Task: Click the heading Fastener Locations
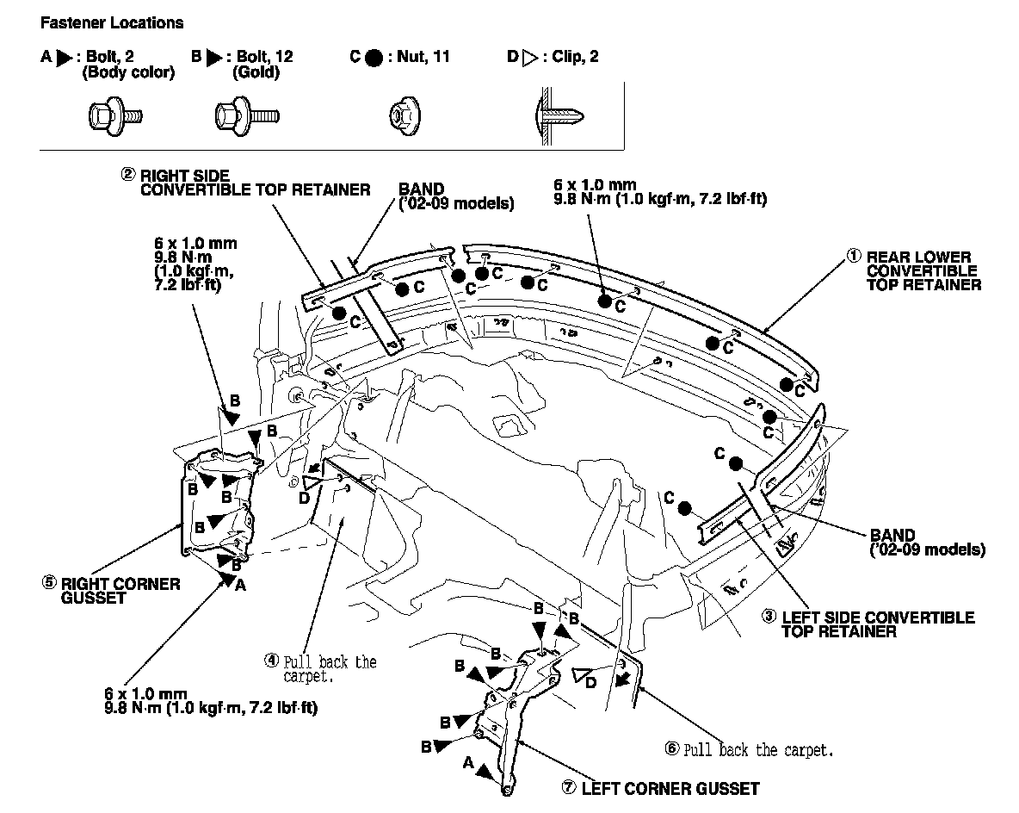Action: pyautogui.click(x=112, y=22)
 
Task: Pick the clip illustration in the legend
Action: pyautogui.click(x=560, y=114)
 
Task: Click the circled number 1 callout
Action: pyautogui.click(x=855, y=256)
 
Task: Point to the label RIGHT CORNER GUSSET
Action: pyautogui.click(x=120, y=590)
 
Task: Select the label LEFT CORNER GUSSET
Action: pyautogui.click(x=670, y=787)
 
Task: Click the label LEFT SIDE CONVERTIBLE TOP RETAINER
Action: pyautogui.click(x=877, y=624)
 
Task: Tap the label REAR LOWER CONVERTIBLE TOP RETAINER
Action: pyautogui.click(x=923, y=270)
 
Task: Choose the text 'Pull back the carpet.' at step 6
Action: pyautogui.click(x=758, y=749)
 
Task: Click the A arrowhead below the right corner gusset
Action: pyautogui.click(x=230, y=580)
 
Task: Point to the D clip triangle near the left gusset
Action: pyautogui.click(x=584, y=674)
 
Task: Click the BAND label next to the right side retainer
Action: pyautogui.click(x=421, y=189)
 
